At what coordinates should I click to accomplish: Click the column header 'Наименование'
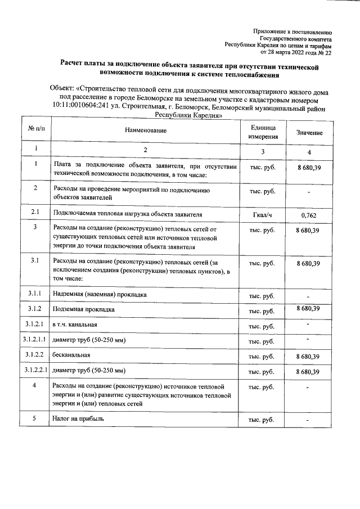pyautogui.click(x=145, y=131)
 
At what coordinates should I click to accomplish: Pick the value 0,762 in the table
pyautogui.click(x=309, y=215)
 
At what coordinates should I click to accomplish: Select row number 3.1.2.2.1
pyautogui.click(x=35, y=371)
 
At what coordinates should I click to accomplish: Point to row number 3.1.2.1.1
pyautogui.click(x=35, y=340)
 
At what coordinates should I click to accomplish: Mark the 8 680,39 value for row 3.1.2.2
pyautogui.click(x=309, y=357)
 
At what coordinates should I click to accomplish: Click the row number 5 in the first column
pyautogui.click(x=35, y=418)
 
